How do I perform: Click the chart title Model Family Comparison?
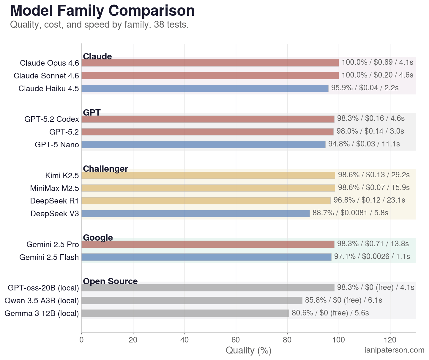point(102,11)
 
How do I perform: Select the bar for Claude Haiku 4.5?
point(205,88)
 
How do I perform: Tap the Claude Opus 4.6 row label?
point(49,63)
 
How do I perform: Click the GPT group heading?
point(92,113)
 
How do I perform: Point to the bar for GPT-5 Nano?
point(203,145)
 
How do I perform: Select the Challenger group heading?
point(105,169)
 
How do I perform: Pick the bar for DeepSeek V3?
point(195,214)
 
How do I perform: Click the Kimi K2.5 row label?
point(62,176)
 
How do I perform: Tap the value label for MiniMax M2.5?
point(374,188)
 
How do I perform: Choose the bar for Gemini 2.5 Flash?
point(206,257)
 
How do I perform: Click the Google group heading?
point(98,238)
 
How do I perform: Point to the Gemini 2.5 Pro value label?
point(373,244)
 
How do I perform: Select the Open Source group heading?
point(110,281)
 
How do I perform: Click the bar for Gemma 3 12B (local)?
point(185,313)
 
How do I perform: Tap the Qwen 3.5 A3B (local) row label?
point(42,301)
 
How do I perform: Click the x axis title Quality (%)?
point(248,350)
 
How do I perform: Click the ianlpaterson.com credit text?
point(394,350)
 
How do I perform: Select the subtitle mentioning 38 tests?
point(100,25)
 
